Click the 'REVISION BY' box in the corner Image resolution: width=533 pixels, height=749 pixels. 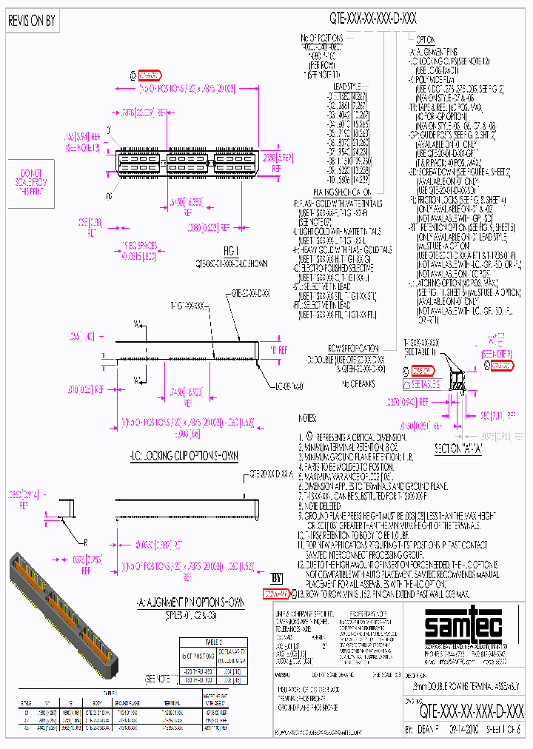(31, 21)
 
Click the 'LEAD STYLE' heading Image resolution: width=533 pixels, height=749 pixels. (344, 86)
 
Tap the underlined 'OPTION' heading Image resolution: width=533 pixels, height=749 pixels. (424, 38)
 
